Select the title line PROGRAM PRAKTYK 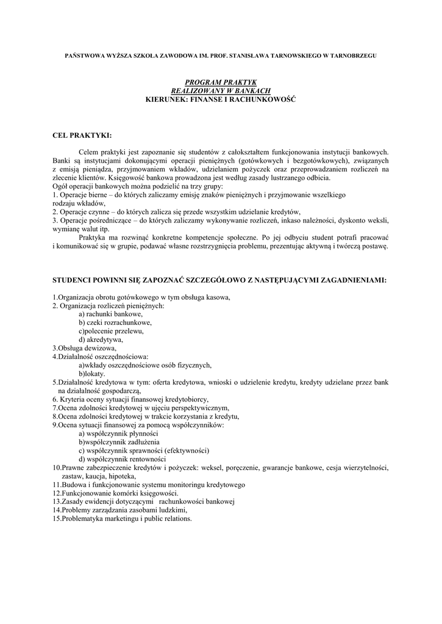(221, 82)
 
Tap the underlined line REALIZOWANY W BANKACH (221, 90)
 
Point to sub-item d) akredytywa (101, 339)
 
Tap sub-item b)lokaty (92, 374)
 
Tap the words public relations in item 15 (169, 519)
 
